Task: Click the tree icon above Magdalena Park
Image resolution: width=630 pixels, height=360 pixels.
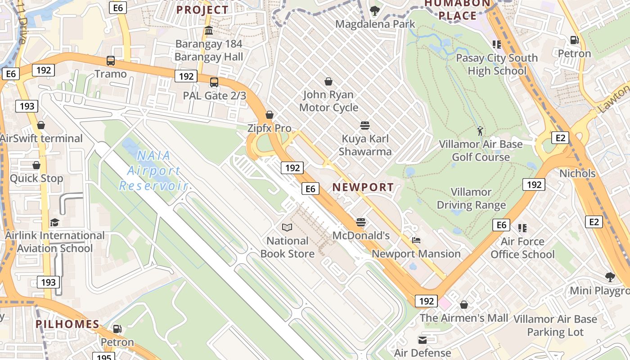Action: click(374, 10)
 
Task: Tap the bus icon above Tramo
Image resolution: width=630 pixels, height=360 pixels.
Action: click(111, 61)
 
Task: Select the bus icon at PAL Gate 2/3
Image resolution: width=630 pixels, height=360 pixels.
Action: click(214, 82)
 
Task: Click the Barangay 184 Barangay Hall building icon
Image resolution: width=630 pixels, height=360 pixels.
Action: click(209, 31)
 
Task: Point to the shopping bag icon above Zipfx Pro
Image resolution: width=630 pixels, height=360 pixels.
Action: click(270, 115)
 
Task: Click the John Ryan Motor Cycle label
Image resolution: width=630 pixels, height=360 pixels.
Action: click(328, 101)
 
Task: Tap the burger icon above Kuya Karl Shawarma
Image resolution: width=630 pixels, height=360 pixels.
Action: click(365, 126)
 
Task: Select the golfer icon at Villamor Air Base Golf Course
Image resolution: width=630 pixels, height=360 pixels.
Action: click(480, 131)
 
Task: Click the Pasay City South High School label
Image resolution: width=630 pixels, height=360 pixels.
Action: click(497, 64)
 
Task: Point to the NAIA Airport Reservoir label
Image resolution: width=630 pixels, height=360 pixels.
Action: click(153, 171)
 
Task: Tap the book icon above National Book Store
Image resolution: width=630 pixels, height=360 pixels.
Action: click(287, 228)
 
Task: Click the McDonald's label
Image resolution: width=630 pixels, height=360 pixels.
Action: click(361, 235)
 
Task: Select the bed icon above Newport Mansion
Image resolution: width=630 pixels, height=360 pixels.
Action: click(416, 241)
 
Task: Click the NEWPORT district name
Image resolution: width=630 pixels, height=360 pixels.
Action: click(363, 187)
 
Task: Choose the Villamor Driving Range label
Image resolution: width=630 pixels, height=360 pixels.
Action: click(471, 198)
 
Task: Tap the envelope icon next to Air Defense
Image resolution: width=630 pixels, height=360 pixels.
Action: click(423, 340)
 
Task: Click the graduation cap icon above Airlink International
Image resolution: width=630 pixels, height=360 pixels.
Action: click(54, 222)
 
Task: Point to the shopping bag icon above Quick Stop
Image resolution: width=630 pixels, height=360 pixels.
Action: click(36, 166)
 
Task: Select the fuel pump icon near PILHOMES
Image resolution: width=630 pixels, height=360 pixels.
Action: click(117, 329)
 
